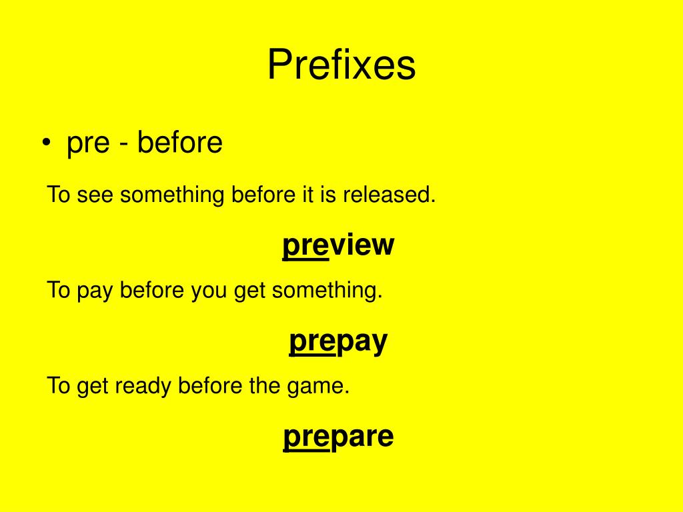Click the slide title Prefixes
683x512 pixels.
point(341,66)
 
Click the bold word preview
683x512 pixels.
point(338,245)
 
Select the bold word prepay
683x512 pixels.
point(338,341)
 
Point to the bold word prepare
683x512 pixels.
point(338,437)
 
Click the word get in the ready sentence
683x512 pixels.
point(91,387)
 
